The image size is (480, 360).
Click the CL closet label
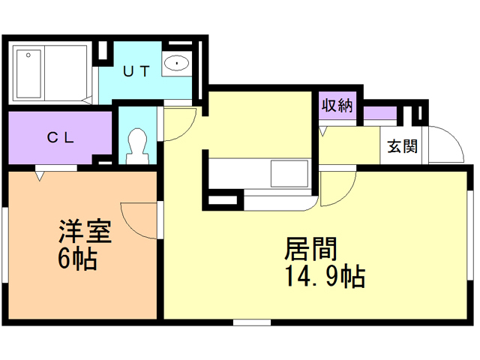point(59,137)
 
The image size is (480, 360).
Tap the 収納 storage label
point(337,106)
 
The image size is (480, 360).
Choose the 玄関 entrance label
point(402,147)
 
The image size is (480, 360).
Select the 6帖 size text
point(76,259)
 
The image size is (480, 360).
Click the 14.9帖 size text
point(324,277)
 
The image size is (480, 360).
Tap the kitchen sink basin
point(289,174)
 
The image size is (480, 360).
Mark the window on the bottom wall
point(251,322)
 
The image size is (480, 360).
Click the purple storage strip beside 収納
point(379,114)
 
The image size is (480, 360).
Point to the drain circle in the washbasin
point(178,64)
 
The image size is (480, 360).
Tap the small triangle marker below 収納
point(323,131)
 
